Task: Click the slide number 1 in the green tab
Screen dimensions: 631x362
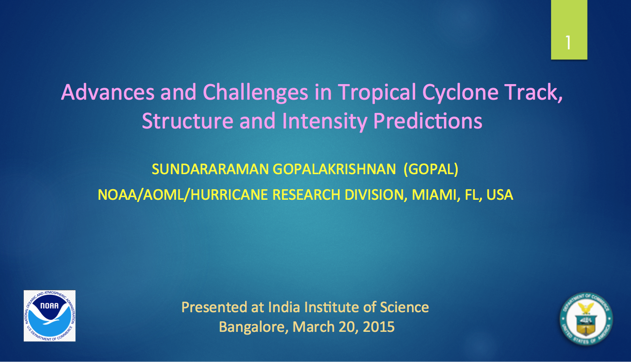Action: coord(568,43)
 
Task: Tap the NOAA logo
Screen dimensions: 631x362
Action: coord(49,316)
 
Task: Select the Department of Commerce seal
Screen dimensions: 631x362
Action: coord(586,319)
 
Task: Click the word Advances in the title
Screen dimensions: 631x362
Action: coord(107,92)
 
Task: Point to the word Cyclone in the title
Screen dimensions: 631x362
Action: coord(460,93)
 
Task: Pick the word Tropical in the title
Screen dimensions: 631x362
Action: coord(377,93)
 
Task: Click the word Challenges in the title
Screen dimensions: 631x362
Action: coord(255,93)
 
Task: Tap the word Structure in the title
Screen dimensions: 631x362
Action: coord(187,121)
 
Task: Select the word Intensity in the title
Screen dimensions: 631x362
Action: coord(325,122)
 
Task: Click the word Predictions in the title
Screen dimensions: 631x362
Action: coord(428,121)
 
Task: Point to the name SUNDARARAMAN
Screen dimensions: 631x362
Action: coord(210,169)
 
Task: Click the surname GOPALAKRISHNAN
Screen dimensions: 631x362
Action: coord(334,169)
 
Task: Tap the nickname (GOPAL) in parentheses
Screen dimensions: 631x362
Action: coord(431,169)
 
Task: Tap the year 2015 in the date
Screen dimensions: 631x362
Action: coord(379,327)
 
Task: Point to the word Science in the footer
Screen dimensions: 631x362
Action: coord(404,307)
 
